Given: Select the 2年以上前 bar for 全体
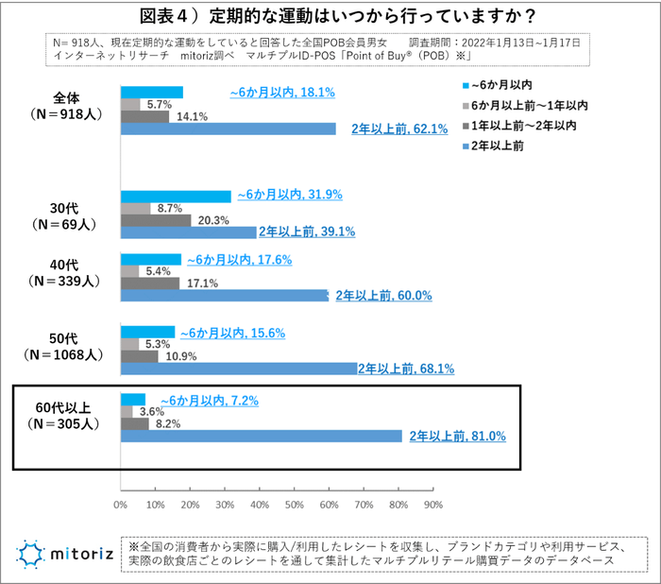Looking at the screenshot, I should click(228, 129).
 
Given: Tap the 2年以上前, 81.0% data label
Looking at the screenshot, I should click(458, 437).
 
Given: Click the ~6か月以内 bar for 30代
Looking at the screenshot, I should click(176, 197).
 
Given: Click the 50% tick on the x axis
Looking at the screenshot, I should click(295, 505).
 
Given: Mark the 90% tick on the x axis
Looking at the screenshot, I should click(433, 505).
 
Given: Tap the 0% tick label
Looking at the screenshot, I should click(120, 505).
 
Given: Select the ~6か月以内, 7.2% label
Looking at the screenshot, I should click(209, 401).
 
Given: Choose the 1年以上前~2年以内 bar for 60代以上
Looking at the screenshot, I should click(134, 424).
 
